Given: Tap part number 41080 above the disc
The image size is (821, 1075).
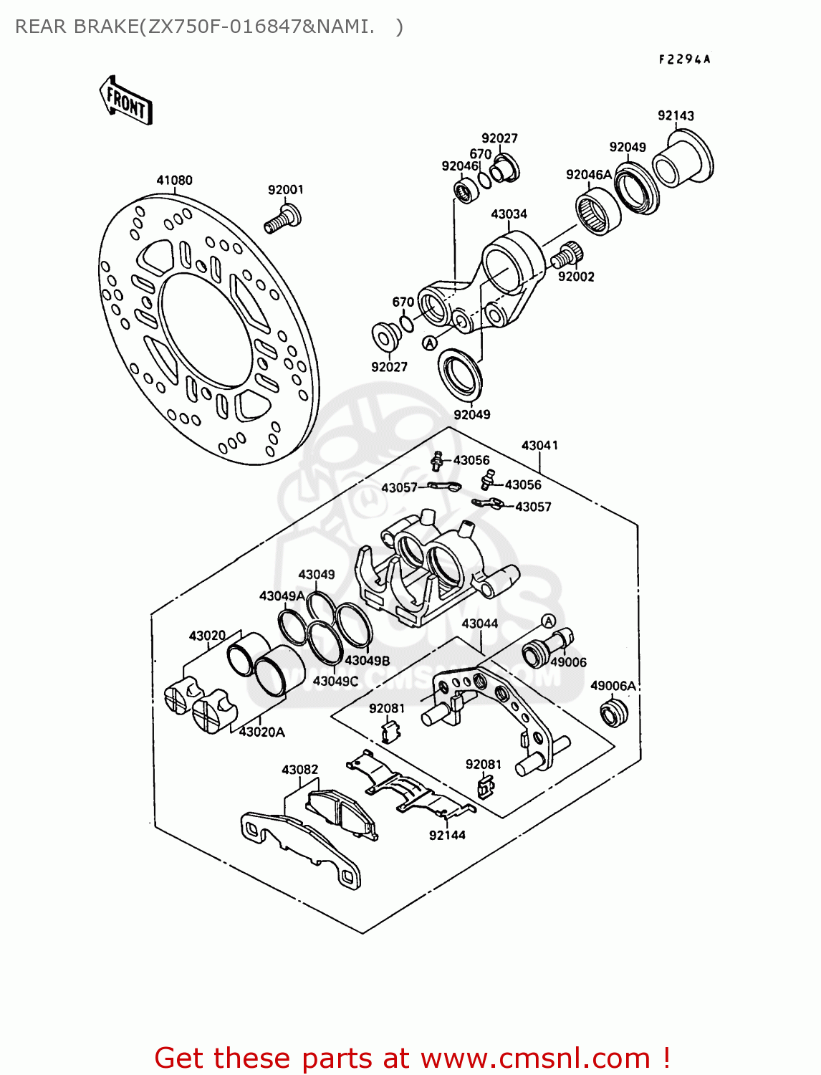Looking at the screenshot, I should coord(174,181).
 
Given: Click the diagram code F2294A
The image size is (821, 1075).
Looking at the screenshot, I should coord(684,59).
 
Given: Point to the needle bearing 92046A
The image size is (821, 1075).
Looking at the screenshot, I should coord(599,212).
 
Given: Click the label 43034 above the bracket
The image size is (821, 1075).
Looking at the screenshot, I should coord(509,214).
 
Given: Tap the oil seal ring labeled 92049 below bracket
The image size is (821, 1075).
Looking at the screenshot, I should coord(461,374).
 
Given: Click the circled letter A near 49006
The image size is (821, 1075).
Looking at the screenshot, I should coord(548,621).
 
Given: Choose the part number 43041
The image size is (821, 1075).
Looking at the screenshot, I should coord(539,446).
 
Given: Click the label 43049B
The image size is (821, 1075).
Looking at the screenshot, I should coord(367,661).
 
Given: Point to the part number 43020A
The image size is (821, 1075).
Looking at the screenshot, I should coord(261,732).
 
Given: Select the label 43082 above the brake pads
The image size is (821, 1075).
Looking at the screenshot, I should coord(299,770).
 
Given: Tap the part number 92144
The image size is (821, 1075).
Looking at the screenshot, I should coord(447,835).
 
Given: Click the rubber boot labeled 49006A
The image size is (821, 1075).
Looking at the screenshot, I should coord(613,713).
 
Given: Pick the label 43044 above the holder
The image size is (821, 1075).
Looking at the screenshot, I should coord(479,623).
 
